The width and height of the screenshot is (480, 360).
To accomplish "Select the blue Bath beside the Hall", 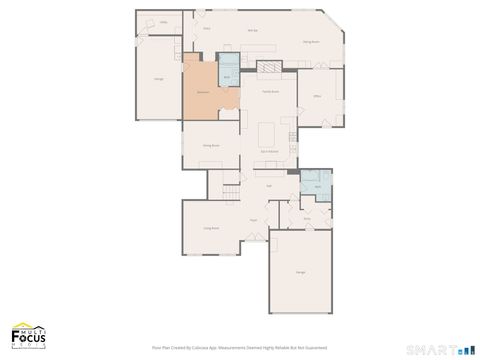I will (316, 184).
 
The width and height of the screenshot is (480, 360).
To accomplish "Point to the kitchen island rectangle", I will (268, 133).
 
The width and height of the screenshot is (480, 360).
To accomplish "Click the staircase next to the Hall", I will (231, 191).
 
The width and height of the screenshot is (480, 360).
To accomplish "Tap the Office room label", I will (317, 97).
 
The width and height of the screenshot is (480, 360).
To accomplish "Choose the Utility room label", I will (163, 21).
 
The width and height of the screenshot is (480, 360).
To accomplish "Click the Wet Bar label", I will (252, 31).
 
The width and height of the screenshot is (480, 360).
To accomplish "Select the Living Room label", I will (211, 228).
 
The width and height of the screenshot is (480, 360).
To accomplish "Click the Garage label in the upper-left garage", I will (159, 78).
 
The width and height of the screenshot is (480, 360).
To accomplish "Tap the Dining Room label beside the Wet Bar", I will (311, 43).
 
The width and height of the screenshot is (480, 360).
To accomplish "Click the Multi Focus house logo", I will (28, 335).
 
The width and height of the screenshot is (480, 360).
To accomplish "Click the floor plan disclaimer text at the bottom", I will (240, 348).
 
